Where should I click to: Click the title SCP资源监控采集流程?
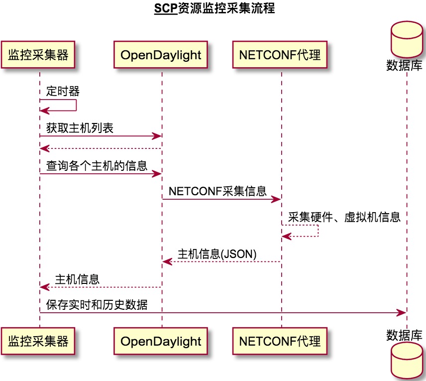click(214, 9)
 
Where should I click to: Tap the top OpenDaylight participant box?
click(161, 55)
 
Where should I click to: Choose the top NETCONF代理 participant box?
click(280, 55)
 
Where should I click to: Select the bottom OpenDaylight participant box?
click(161, 341)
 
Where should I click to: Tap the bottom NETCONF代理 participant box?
click(280, 341)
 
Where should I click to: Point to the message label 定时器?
click(63, 91)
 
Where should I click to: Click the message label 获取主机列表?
click(80, 128)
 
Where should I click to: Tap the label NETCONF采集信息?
click(217, 191)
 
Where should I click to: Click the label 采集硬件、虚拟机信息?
click(344, 217)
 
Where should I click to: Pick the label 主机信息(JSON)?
click(217, 254)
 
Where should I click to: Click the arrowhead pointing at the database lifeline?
click(402, 312)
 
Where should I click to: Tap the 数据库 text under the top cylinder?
click(405, 65)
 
